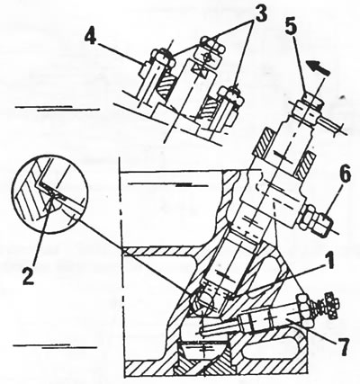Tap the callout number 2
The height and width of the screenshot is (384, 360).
[28, 274]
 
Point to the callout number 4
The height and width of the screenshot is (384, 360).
[91, 38]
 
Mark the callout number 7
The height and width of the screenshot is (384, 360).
[341, 347]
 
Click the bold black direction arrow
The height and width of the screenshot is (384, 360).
[318, 67]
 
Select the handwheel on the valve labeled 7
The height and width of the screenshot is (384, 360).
[332, 307]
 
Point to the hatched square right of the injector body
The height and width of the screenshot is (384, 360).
[305, 165]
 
